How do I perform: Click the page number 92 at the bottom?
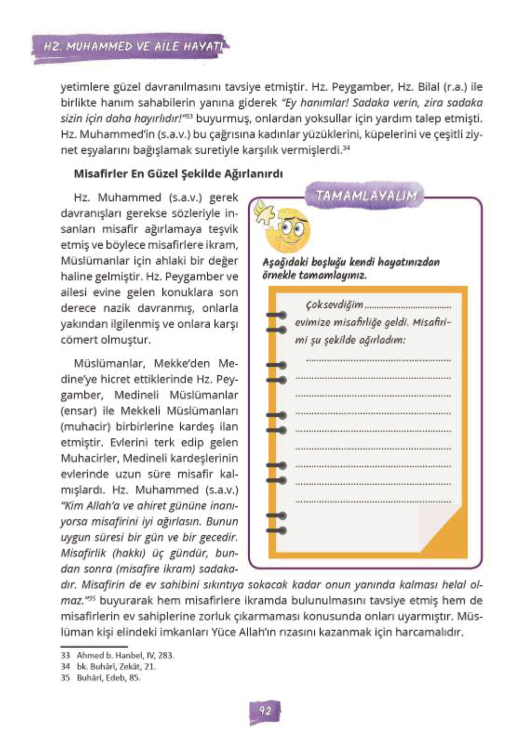coord(265,711)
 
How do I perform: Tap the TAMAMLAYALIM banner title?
coord(367,196)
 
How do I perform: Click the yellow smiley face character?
coord(288,231)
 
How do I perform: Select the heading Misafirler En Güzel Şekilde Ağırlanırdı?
coord(178,174)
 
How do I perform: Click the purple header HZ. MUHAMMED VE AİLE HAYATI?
coord(132,47)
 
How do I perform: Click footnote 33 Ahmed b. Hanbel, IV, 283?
coord(118,655)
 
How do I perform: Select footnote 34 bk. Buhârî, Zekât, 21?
coord(109,667)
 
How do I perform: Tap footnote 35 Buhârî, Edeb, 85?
coord(101,678)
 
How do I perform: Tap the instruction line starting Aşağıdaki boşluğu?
coord(351,262)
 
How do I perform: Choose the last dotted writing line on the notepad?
coord(373,502)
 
